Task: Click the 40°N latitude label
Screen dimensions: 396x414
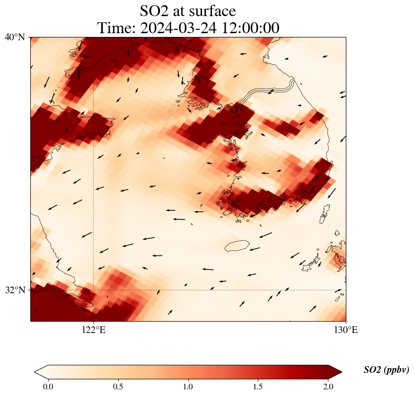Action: click(x=15, y=37)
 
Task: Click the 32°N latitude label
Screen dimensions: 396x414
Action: click(x=15, y=290)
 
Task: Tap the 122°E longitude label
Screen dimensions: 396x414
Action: click(x=94, y=330)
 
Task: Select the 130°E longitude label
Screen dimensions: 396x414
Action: click(x=346, y=330)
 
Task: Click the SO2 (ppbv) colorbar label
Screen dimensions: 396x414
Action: click(x=386, y=370)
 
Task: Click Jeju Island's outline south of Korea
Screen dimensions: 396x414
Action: click(x=237, y=246)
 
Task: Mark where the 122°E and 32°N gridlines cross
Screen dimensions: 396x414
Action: click(x=94, y=290)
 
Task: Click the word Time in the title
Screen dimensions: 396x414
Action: click(x=111, y=28)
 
